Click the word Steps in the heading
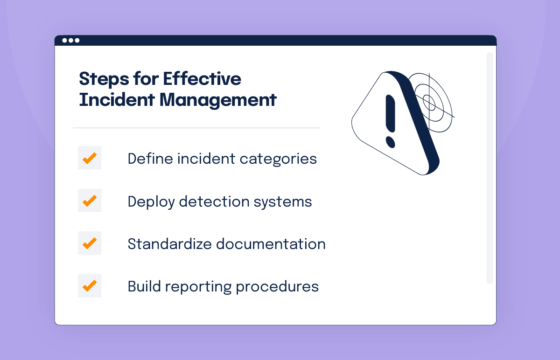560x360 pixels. point(105,79)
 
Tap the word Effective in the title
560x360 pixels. point(202,79)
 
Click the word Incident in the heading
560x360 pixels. point(117,100)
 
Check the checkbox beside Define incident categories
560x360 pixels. point(90,158)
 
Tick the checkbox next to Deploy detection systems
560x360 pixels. point(90,201)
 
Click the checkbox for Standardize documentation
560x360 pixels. point(90,243)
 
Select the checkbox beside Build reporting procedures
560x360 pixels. point(90,285)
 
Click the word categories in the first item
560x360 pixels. point(278,159)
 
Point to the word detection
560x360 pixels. point(214,201)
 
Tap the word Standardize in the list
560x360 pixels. point(170,244)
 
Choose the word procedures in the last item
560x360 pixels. point(277,287)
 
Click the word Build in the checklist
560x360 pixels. point(144,286)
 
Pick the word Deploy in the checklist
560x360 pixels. point(151,202)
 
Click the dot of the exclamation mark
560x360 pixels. point(390,142)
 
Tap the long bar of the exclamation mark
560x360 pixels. point(390,113)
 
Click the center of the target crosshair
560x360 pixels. point(429,102)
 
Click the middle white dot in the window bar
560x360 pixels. point(71,41)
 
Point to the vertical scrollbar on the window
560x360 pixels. point(490,168)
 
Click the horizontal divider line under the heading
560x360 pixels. point(196,128)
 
